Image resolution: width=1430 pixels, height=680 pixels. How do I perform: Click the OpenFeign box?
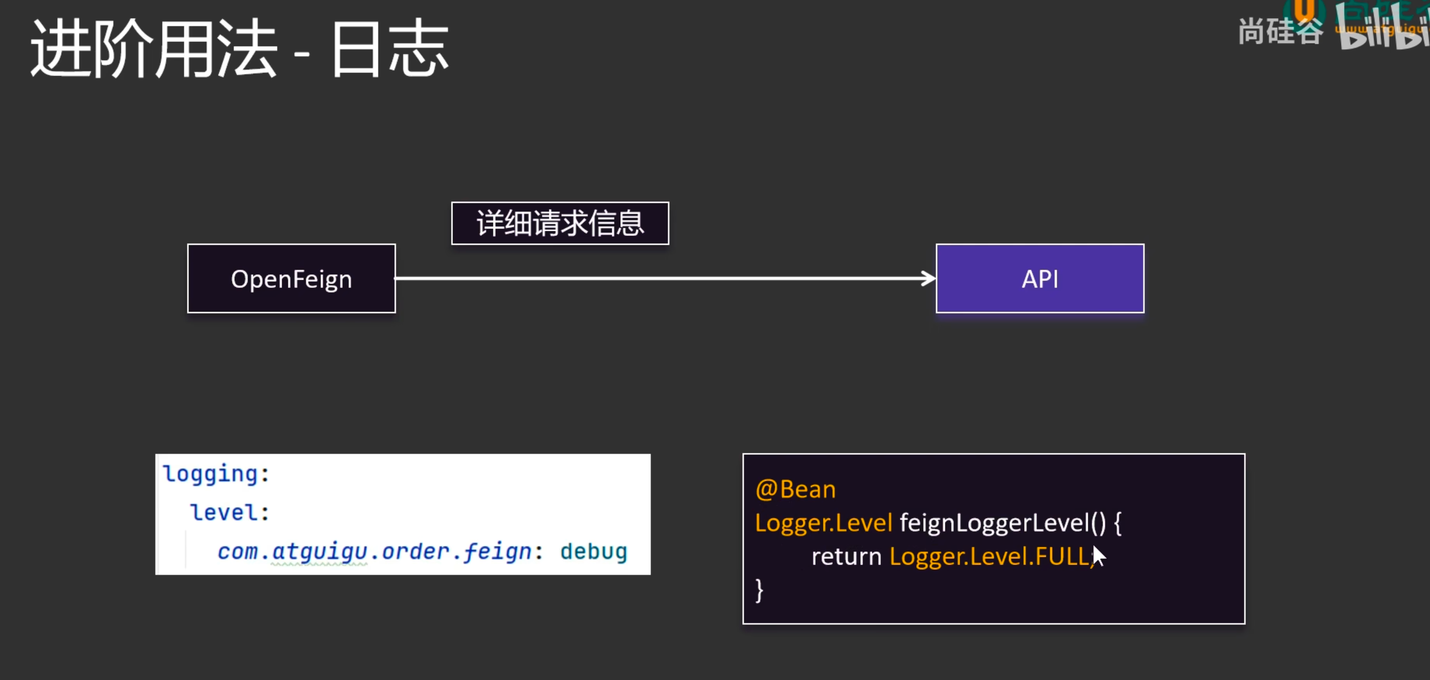(291, 278)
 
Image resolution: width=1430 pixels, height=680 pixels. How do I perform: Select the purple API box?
(1040, 278)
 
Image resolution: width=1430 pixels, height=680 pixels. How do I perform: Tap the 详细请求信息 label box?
(560, 223)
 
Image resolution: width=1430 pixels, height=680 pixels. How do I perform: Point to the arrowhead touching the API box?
(929, 278)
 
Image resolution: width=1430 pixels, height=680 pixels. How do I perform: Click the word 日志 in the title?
(390, 49)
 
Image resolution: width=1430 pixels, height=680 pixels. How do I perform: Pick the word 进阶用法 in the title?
(154, 49)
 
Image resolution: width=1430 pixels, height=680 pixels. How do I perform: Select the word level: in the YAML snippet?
(229, 512)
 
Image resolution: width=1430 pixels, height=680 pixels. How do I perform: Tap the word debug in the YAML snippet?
(593, 551)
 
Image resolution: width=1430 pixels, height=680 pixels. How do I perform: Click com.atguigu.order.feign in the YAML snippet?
(375, 551)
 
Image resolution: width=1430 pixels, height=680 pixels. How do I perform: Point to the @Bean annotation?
(795, 489)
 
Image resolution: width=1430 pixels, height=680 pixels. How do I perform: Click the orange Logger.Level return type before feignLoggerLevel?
(823, 523)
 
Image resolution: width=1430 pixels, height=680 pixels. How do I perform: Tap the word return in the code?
(847, 556)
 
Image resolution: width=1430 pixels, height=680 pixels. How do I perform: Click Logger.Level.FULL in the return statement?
(989, 556)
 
